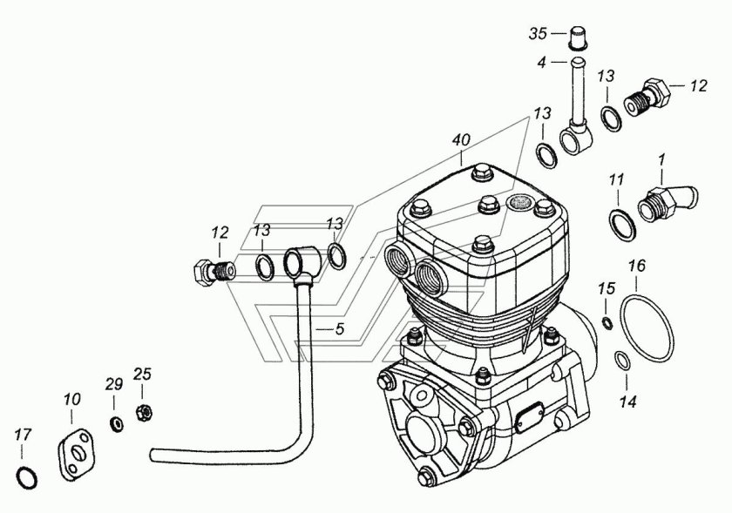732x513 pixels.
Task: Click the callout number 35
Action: point(538,34)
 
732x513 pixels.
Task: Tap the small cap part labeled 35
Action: point(578,37)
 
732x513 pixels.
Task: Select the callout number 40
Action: point(461,141)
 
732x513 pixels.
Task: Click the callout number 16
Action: point(637,266)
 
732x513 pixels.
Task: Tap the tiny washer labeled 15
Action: point(607,322)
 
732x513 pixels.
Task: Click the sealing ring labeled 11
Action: point(623,226)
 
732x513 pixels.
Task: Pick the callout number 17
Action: point(23,435)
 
